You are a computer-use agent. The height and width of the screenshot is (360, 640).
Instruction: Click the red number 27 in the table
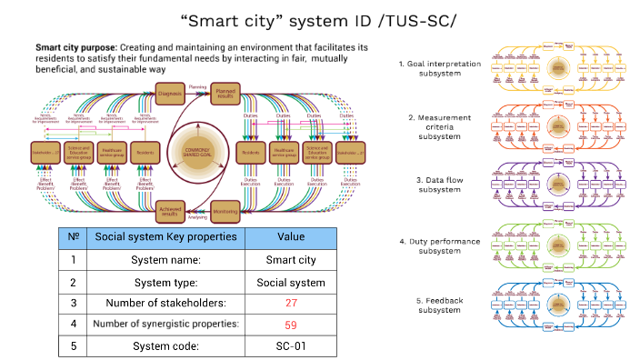pyautogui.click(x=291, y=302)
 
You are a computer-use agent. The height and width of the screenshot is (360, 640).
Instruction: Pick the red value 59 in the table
pyautogui.click(x=291, y=324)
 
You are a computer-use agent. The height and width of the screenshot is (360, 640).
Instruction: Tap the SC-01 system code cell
pyautogui.click(x=291, y=345)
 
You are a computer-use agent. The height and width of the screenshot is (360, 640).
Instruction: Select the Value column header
pyautogui.click(x=291, y=237)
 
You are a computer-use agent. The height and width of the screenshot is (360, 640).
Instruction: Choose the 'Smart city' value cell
pyautogui.click(x=291, y=260)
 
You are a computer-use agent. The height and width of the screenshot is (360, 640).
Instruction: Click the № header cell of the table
pyautogui.click(x=72, y=237)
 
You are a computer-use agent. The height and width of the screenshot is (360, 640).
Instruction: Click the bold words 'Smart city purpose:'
pyautogui.click(x=75, y=45)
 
